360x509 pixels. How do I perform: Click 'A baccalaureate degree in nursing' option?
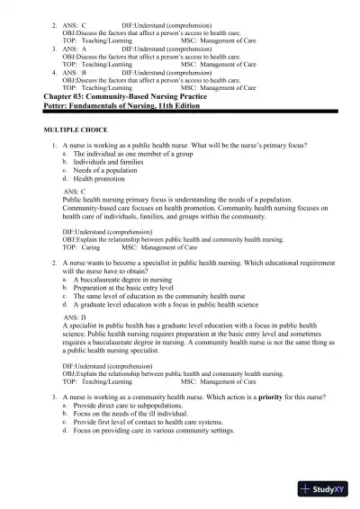127,281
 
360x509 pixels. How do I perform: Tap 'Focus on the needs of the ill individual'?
135,415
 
